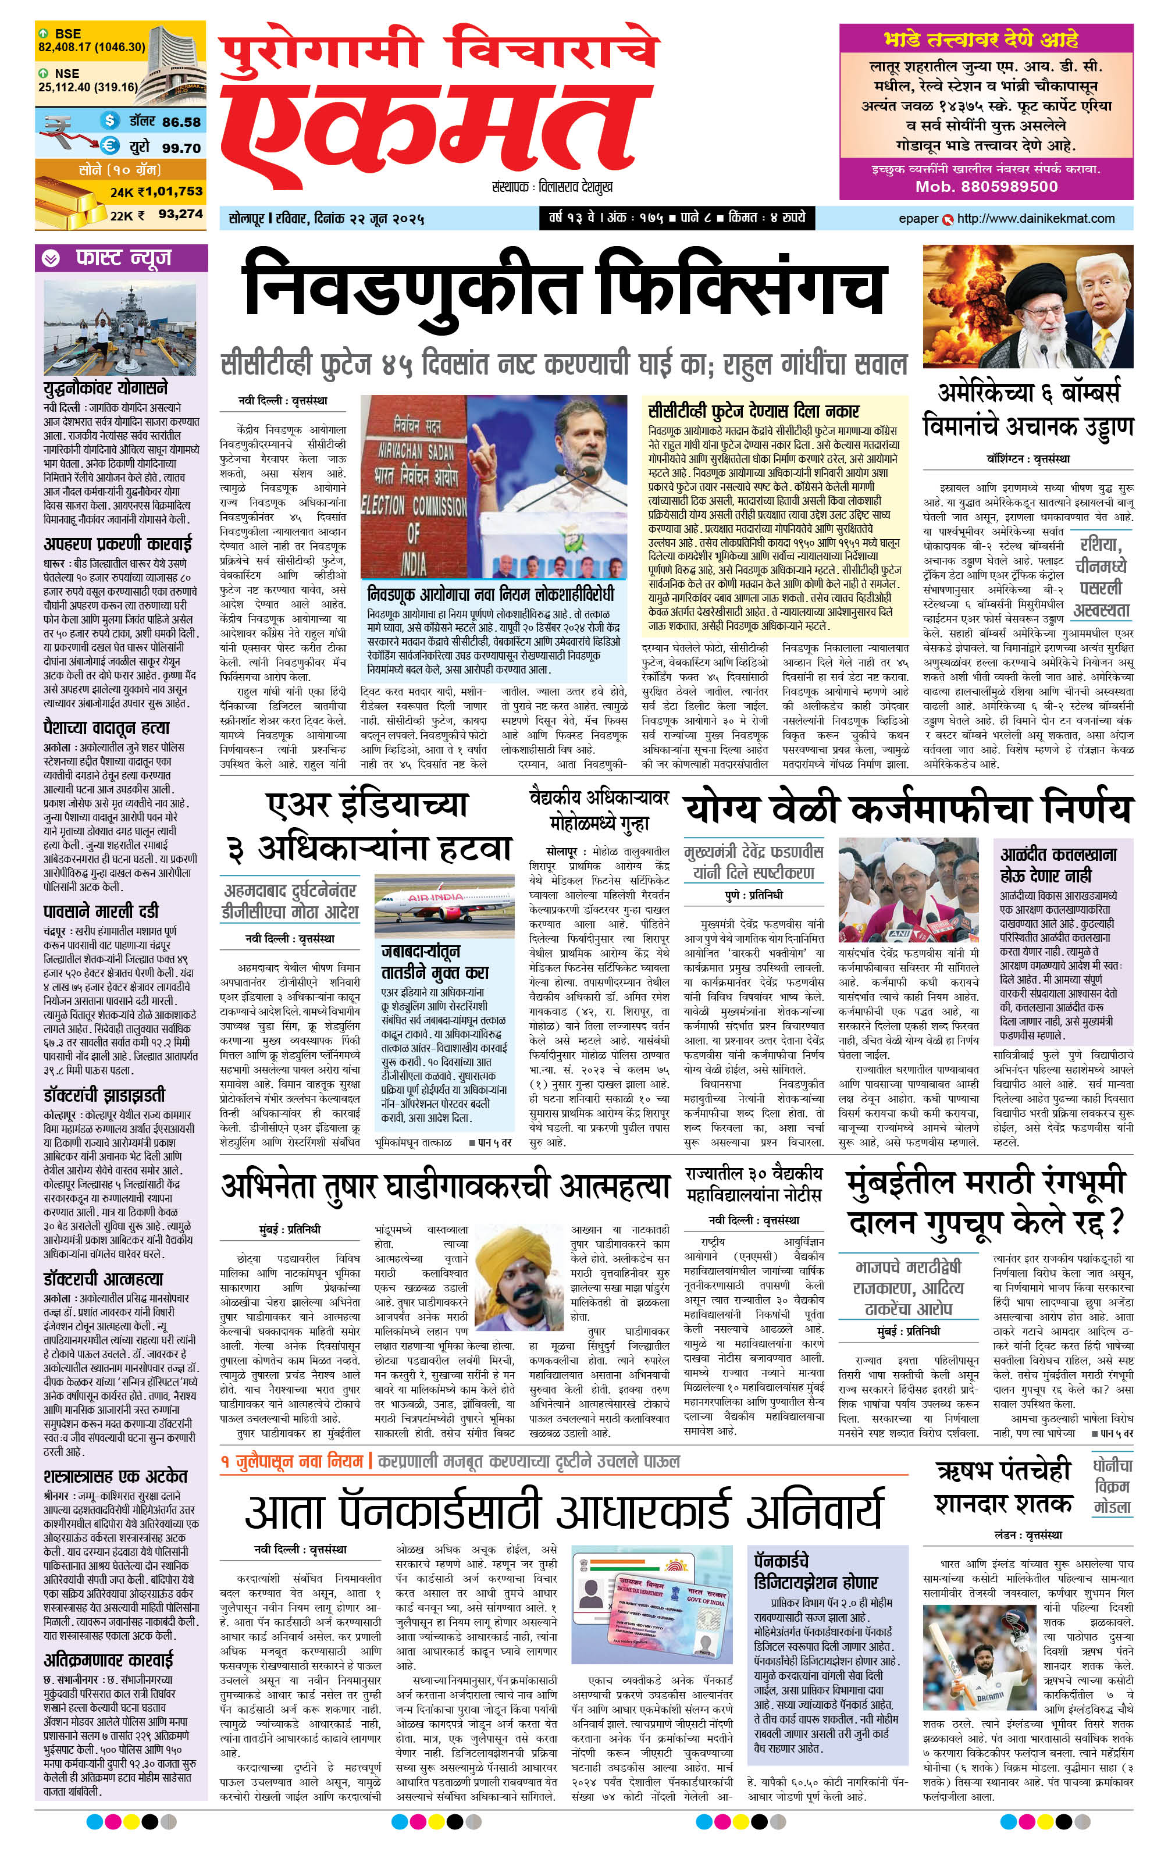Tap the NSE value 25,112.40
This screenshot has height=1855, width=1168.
pos(59,87)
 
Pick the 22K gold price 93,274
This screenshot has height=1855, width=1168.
pos(180,214)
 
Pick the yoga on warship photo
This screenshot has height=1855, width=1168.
pos(121,327)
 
